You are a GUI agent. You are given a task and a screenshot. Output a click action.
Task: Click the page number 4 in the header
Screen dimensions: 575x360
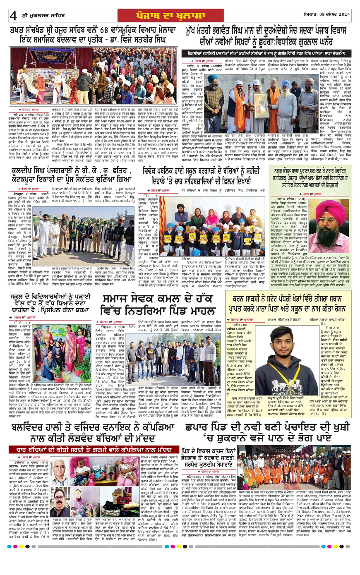[x=13, y=16]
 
